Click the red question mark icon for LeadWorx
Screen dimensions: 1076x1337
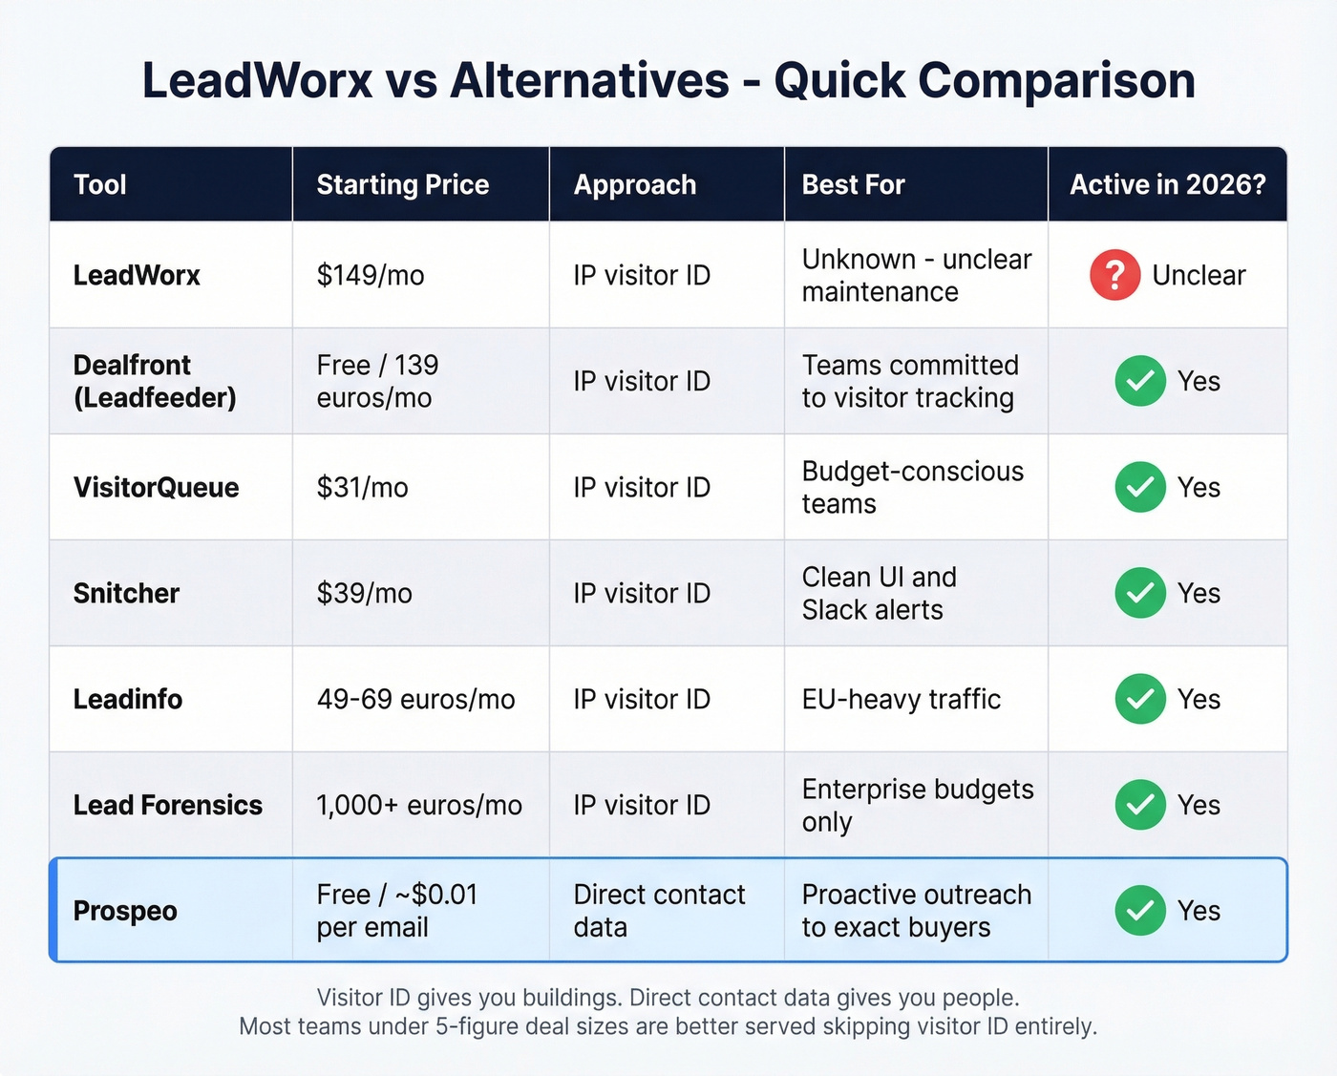(x=1114, y=275)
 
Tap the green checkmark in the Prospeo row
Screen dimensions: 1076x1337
(x=1140, y=911)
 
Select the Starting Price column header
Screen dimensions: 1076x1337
(x=402, y=184)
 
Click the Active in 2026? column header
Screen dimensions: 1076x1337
(x=1167, y=184)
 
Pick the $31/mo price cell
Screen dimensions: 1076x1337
(x=362, y=487)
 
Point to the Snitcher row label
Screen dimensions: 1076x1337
(x=126, y=593)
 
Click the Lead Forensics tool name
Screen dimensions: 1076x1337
(x=167, y=805)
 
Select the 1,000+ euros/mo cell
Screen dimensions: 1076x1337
(x=419, y=805)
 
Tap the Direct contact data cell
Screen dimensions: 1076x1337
(x=659, y=911)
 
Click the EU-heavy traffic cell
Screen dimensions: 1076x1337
(x=901, y=699)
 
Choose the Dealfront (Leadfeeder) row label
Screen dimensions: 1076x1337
(x=154, y=381)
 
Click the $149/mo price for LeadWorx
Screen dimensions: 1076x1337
(x=371, y=275)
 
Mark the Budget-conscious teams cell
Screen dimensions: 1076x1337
(x=912, y=487)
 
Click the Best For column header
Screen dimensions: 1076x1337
(x=853, y=184)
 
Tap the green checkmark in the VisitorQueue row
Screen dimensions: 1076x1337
(x=1140, y=487)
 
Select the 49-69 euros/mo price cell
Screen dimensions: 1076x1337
(x=415, y=699)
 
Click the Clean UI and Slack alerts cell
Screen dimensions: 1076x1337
(x=879, y=593)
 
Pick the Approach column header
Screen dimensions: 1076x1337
(x=634, y=184)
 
